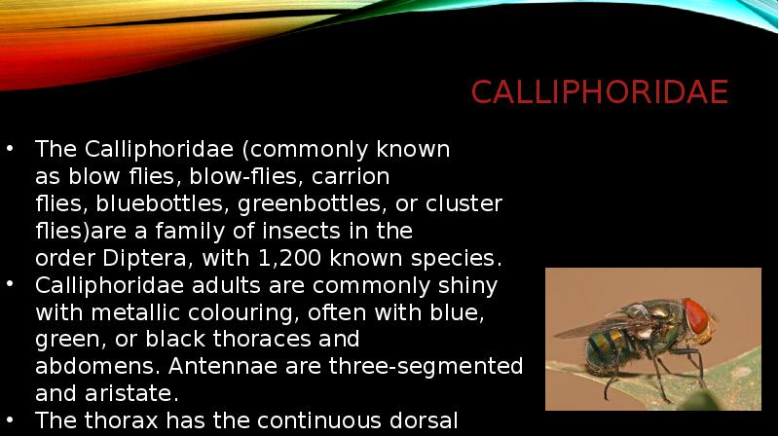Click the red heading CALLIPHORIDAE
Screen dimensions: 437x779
coord(599,92)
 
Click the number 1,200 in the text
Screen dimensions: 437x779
coord(291,259)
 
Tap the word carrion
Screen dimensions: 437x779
coord(352,177)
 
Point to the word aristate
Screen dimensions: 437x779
coord(119,395)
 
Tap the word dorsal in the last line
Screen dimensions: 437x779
coord(423,421)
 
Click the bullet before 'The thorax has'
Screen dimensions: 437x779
coord(10,420)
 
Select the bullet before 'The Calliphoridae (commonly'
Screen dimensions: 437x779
coord(10,150)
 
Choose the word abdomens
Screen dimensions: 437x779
coord(80,368)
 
